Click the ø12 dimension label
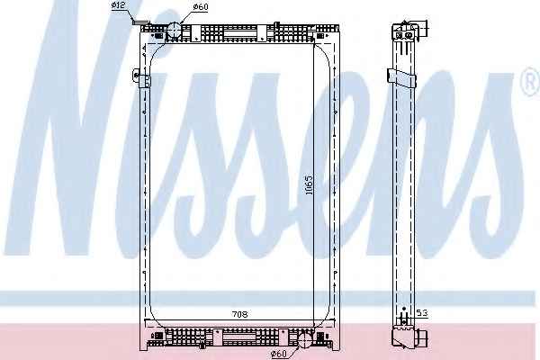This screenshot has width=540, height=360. coord(118,5)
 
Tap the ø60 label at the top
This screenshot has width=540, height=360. coord(201,6)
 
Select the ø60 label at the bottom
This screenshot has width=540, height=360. coord(278,354)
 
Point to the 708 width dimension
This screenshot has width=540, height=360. coord(240,314)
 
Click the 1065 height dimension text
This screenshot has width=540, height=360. coord(310,184)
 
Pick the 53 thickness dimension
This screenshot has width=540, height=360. coord(421,313)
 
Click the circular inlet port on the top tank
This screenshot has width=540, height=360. coord(174,31)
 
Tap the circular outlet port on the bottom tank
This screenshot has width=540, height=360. coord(304,340)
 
